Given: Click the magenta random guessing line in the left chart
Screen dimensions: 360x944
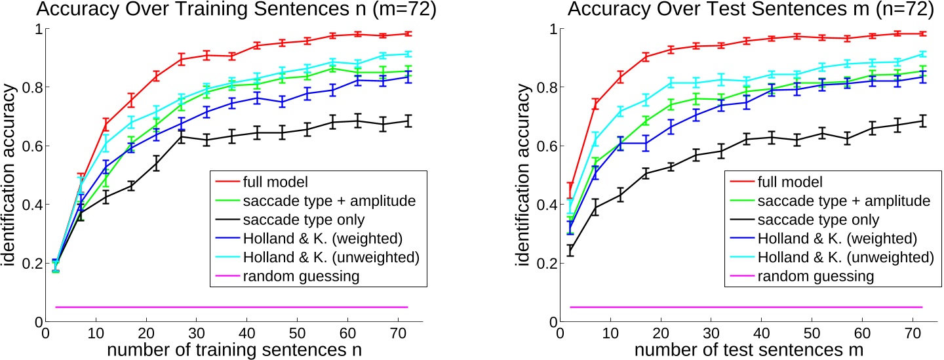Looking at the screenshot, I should pyautogui.click(x=229, y=307).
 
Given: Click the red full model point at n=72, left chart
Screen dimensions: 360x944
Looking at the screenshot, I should pyautogui.click(x=408, y=33).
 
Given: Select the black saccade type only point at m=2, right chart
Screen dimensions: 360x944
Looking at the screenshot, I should pyautogui.click(x=570, y=250).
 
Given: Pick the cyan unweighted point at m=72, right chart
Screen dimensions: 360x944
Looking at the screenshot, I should pyautogui.click(x=922, y=54).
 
